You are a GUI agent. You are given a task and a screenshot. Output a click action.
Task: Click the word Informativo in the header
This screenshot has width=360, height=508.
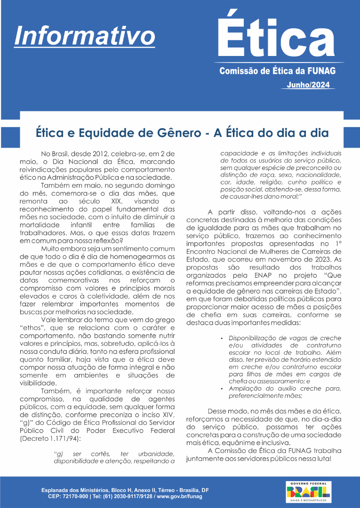(x=85, y=35)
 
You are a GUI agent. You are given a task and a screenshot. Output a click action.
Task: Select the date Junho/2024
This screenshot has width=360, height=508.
(x=308, y=85)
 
